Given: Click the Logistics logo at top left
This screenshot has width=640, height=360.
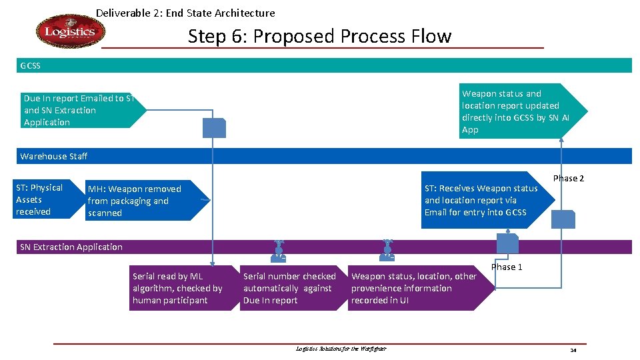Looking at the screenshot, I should tap(70, 32).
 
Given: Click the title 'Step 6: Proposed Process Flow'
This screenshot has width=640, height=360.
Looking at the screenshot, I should tap(319, 36).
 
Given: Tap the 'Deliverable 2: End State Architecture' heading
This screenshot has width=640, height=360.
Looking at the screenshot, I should tap(185, 13).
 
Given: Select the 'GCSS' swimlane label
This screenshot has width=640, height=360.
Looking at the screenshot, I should tap(30, 65).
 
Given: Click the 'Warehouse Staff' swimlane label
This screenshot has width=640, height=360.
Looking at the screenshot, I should tap(53, 156).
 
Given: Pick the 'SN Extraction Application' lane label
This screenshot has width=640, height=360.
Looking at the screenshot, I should tap(71, 247).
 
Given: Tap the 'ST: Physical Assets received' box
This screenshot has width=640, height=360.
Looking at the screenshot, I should tap(40, 200).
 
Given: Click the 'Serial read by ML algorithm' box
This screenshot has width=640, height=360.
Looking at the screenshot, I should tap(179, 288).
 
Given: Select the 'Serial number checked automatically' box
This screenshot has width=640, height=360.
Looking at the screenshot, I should tap(291, 288).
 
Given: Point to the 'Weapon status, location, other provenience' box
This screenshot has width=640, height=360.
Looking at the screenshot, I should tap(417, 288).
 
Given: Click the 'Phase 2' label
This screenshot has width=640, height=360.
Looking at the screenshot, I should tap(568, 178).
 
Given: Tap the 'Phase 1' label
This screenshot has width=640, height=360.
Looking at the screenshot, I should tap(507, 267).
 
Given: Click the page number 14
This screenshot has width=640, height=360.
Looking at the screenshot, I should tap(573, 350).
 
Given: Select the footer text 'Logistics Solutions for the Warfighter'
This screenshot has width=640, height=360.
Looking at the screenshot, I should tap(341, 349).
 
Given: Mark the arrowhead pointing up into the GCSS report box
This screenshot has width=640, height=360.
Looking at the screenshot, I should tap(562, 140).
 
